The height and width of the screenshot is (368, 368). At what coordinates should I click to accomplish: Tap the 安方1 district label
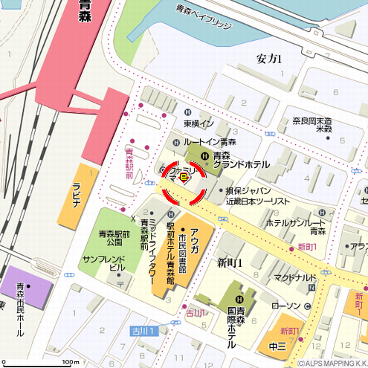click(268, 59)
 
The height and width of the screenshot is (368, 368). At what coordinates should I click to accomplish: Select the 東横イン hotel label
click(198, 123)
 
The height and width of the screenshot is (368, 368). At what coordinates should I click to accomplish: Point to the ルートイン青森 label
click(210, 141)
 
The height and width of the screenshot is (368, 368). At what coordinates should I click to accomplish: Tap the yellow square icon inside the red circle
click(184, 178)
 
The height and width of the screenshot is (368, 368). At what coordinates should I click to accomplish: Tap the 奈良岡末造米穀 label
click(311, 124)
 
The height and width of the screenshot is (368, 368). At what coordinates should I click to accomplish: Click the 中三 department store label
click(277, 346)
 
